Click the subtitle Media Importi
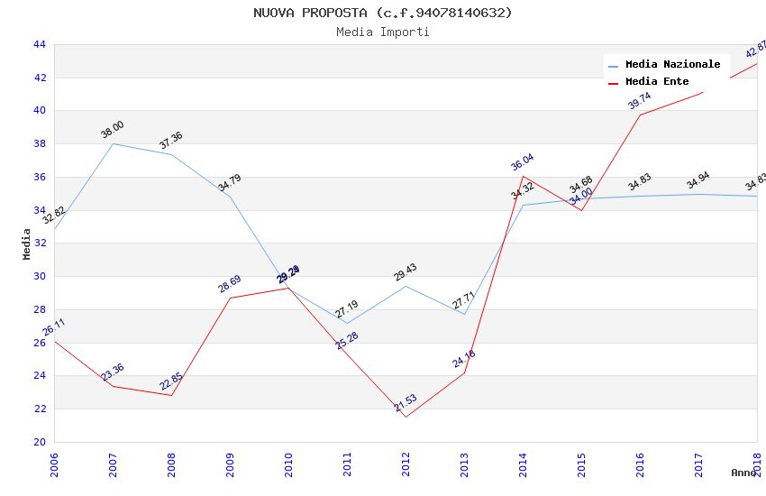pyautogui.click(x=383, y=32)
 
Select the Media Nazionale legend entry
pyautogui.click(x=672, y=65)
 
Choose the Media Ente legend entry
pyautogui.click(x=656, y=82)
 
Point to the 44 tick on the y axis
pyautogui.click(x=39, y=44)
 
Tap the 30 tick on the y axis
pyautogui.click(x=39, y=276)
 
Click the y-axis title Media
pyautogui.click(x=27, y=243)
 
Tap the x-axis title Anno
pyautogui.click(x=743, y=473)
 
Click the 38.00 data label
pyautogui.click(x=113, y=130)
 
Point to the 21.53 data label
pyautogui.click(x=406, y=403)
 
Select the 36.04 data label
pyautogui.click(x=523, y=162)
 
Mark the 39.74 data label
pyautogui.click(x=640, y=100)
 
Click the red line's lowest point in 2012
pyautogui.click(x=406, y=417)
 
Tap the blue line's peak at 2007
pyautogui.click(x=113, y=143)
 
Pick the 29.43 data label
pyautogui.click(x=406, y=272)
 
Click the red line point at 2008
pyautogui.click(x=171, y=395)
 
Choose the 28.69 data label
pyautogui.click(x=230, y=284)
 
